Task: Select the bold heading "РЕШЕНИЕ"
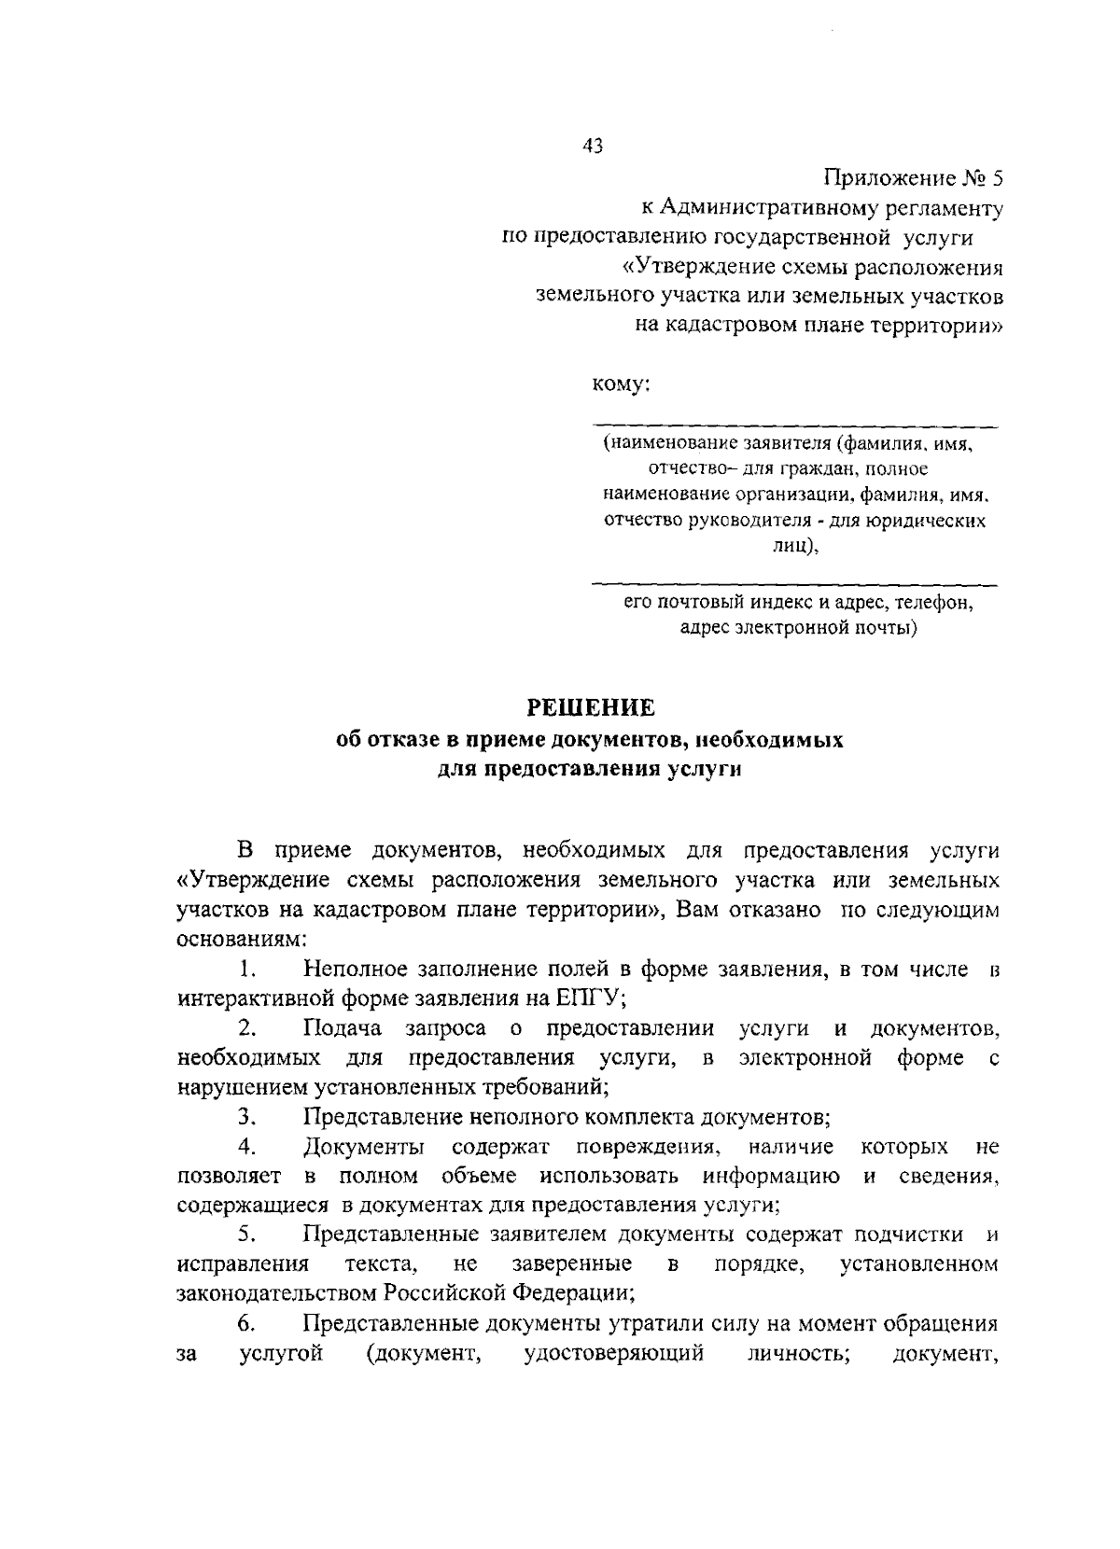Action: point(592,707)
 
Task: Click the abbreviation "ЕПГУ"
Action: point(589,998)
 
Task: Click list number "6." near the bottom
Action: point(246,1323)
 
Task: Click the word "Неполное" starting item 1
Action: point(352,969)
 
